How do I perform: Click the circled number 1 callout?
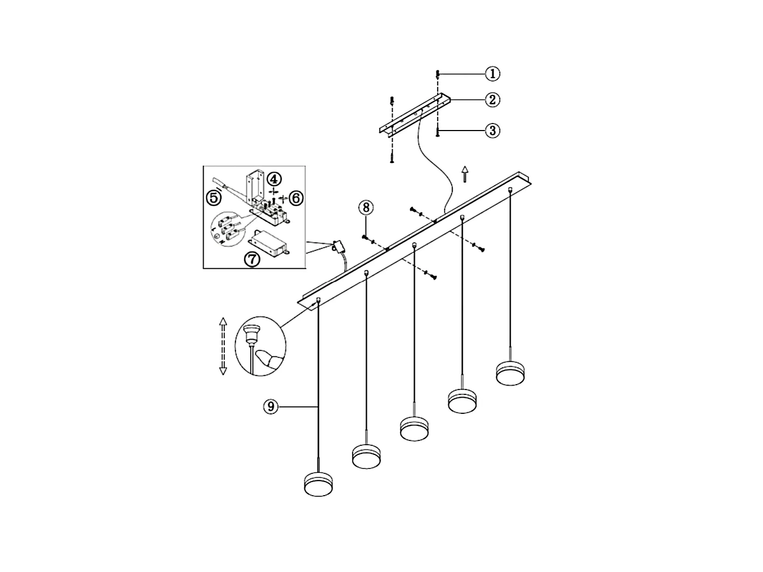point(492,73)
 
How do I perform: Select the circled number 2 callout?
point(492,100)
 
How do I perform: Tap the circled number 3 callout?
point(492,131)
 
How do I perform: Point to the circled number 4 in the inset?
point(274,178)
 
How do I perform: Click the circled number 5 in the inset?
point(214,198)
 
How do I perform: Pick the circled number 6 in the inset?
point(296,198)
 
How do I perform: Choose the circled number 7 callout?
point(252,259)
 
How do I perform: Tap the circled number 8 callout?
point(366,207)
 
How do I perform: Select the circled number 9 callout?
point(271,406)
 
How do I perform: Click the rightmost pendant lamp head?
point(510,374)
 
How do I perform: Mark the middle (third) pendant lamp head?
point(414,428)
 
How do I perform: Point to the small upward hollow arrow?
point(464,174)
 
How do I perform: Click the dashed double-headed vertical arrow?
point(223,346)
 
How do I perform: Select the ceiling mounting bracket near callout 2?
point(414,115)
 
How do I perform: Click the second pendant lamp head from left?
point(366,456)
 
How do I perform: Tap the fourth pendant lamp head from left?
point(462,401)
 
